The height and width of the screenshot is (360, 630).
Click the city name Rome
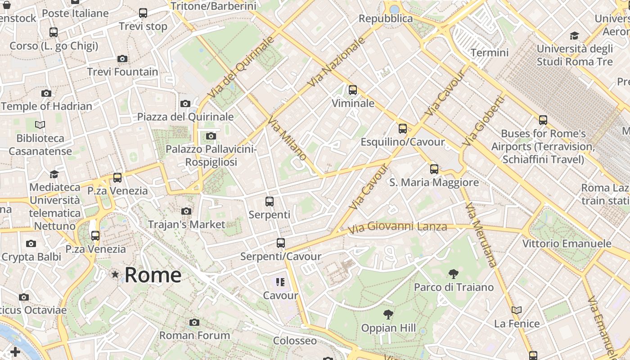pyautogui.click(x=153, y=275)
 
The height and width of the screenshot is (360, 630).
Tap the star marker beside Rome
pyautogui.click(x=116, y=274)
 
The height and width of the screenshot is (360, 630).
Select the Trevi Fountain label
pyautogui.click(x=122, y=72)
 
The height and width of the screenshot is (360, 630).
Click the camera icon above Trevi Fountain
pyautogui.click(x=122, y=58)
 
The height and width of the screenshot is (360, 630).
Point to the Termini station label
pyautogui.click(x=490, y=53)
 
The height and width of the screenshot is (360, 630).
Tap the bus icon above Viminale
pyautogui.click(x=353, y=90)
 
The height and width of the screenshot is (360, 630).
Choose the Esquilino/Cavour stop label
pyautogui.click(x=403, y=142)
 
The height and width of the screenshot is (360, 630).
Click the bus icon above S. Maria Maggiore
pyautogui.click(x=434, y=169)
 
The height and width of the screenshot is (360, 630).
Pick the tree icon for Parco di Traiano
pyautogui.click(x=454, y=274)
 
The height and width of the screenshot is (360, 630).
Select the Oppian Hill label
pyautogui.click(x=389, y=328)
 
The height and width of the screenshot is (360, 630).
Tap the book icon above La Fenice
pyautogui.click(x=517, y=310)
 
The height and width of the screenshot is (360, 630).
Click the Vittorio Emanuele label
pyautogui.click(x=567, y=244)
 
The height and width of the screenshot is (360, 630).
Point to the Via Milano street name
pyautogui.click(x=288, y=139)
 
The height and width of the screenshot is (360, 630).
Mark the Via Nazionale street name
pyautogui.click(x=336, y=62)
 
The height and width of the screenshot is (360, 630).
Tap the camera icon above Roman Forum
pyautogui.click(x=194, y=322)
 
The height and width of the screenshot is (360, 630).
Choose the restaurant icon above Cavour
pyautogui.click(x=280, y=282)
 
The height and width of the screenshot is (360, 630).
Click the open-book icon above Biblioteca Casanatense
pyautogui.click(x=40, y=125)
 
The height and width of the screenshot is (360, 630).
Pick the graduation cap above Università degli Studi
pyautogui.click(x=574, y=36)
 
